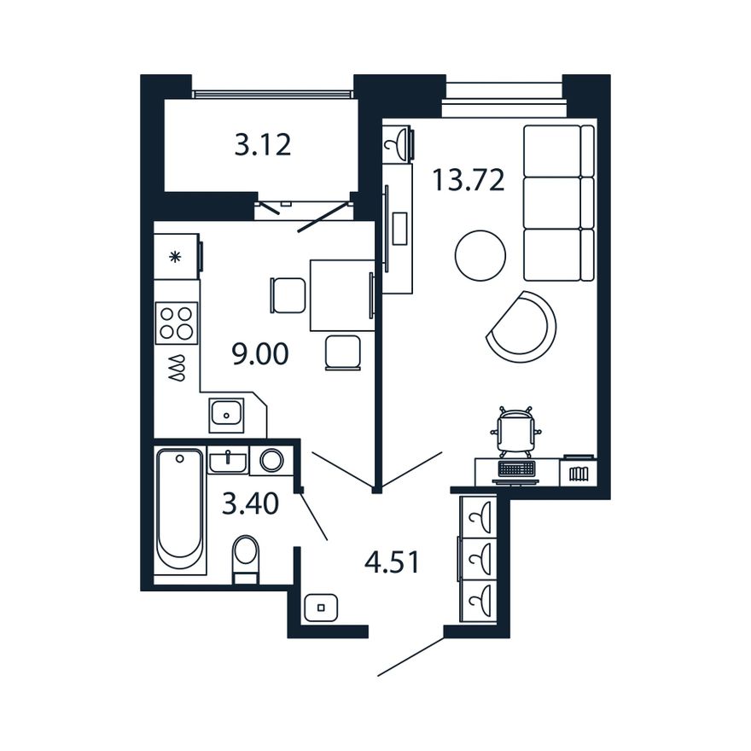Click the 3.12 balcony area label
coord(263,144)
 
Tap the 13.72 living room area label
coord(469,180)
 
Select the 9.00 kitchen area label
coord(260,354)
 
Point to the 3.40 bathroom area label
coord(251,504)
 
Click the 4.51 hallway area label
coord(392,562)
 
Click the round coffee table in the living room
coord(480,255)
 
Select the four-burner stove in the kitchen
coord(177,323)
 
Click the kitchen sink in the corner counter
coord(226,415)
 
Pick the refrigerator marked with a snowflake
coord(177,256)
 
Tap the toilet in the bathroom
coord(245,560)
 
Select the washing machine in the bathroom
coord(271,461)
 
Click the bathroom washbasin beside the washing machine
coord(228,461)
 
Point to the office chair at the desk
coord(515,431)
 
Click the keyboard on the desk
coord(516,469)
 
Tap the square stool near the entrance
coord(321,608)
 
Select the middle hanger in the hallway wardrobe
coord(479,559)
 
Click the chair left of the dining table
coord(288,295)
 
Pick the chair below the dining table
coord(343,352)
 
